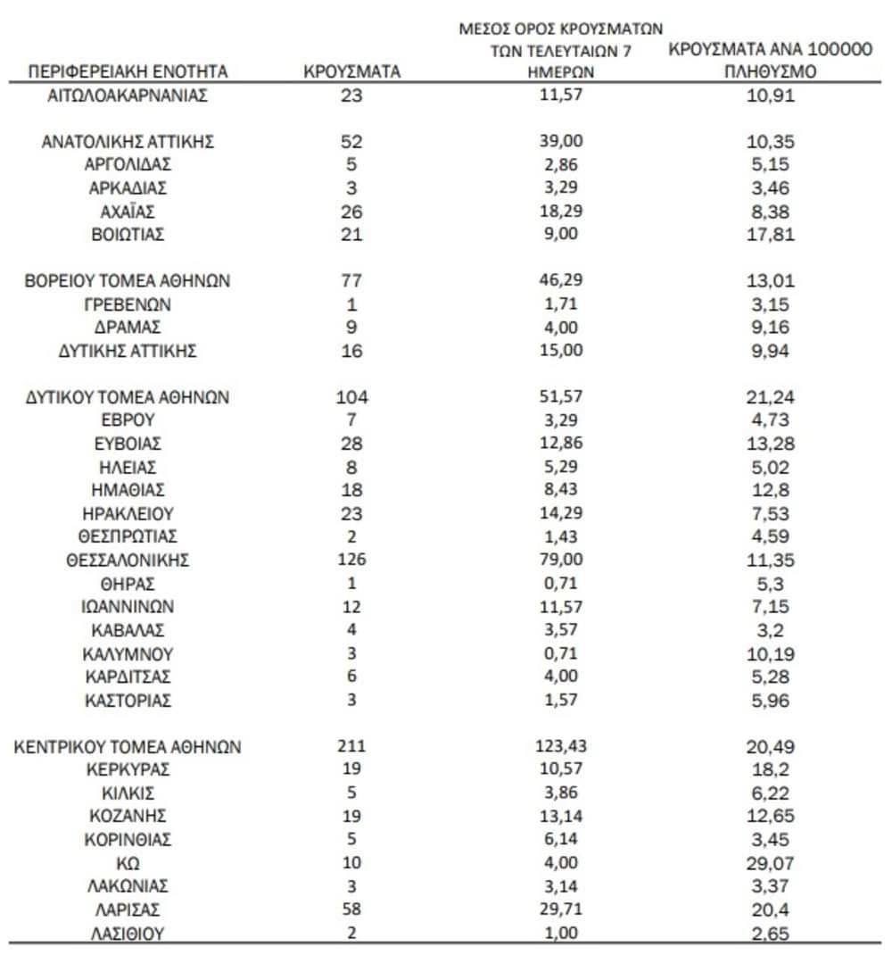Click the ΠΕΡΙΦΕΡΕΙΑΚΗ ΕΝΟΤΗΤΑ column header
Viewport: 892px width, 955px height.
coord(128,71)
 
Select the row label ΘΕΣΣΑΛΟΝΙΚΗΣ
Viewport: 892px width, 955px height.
coord(128,561)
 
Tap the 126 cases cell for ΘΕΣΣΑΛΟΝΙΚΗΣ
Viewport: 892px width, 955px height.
coord(351,561)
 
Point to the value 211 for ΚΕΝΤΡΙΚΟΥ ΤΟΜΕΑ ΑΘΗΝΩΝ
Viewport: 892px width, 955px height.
coord(351,747)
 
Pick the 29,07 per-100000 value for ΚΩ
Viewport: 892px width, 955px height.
coord(770,864)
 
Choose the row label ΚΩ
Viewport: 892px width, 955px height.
coord(128,864)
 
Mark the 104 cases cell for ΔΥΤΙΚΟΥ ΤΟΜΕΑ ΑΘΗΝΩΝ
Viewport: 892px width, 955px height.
coord(351,398)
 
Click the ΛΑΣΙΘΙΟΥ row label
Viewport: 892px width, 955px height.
coord(128,934)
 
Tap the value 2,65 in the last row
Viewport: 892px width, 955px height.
coord(770,934)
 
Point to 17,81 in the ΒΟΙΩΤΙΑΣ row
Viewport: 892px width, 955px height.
coord(770,235)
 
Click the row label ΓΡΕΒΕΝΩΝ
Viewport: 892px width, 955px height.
coord(128,304)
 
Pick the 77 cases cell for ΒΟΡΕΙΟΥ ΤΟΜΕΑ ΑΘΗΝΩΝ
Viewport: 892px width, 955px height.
coord(351,281)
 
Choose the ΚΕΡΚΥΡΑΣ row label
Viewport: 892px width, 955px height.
coord(128,770)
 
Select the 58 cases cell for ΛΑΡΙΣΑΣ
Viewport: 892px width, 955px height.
coord(351,910)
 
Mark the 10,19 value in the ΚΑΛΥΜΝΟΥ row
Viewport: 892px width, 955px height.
coord(770,653)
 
